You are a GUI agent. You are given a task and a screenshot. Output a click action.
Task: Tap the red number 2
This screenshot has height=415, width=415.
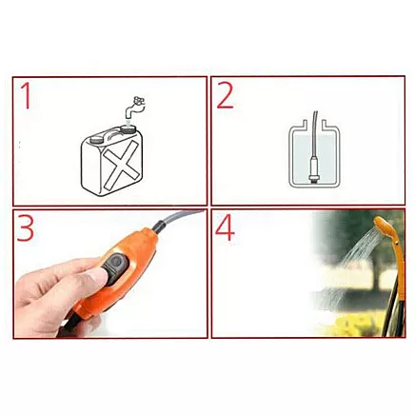[x=226, y=97]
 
